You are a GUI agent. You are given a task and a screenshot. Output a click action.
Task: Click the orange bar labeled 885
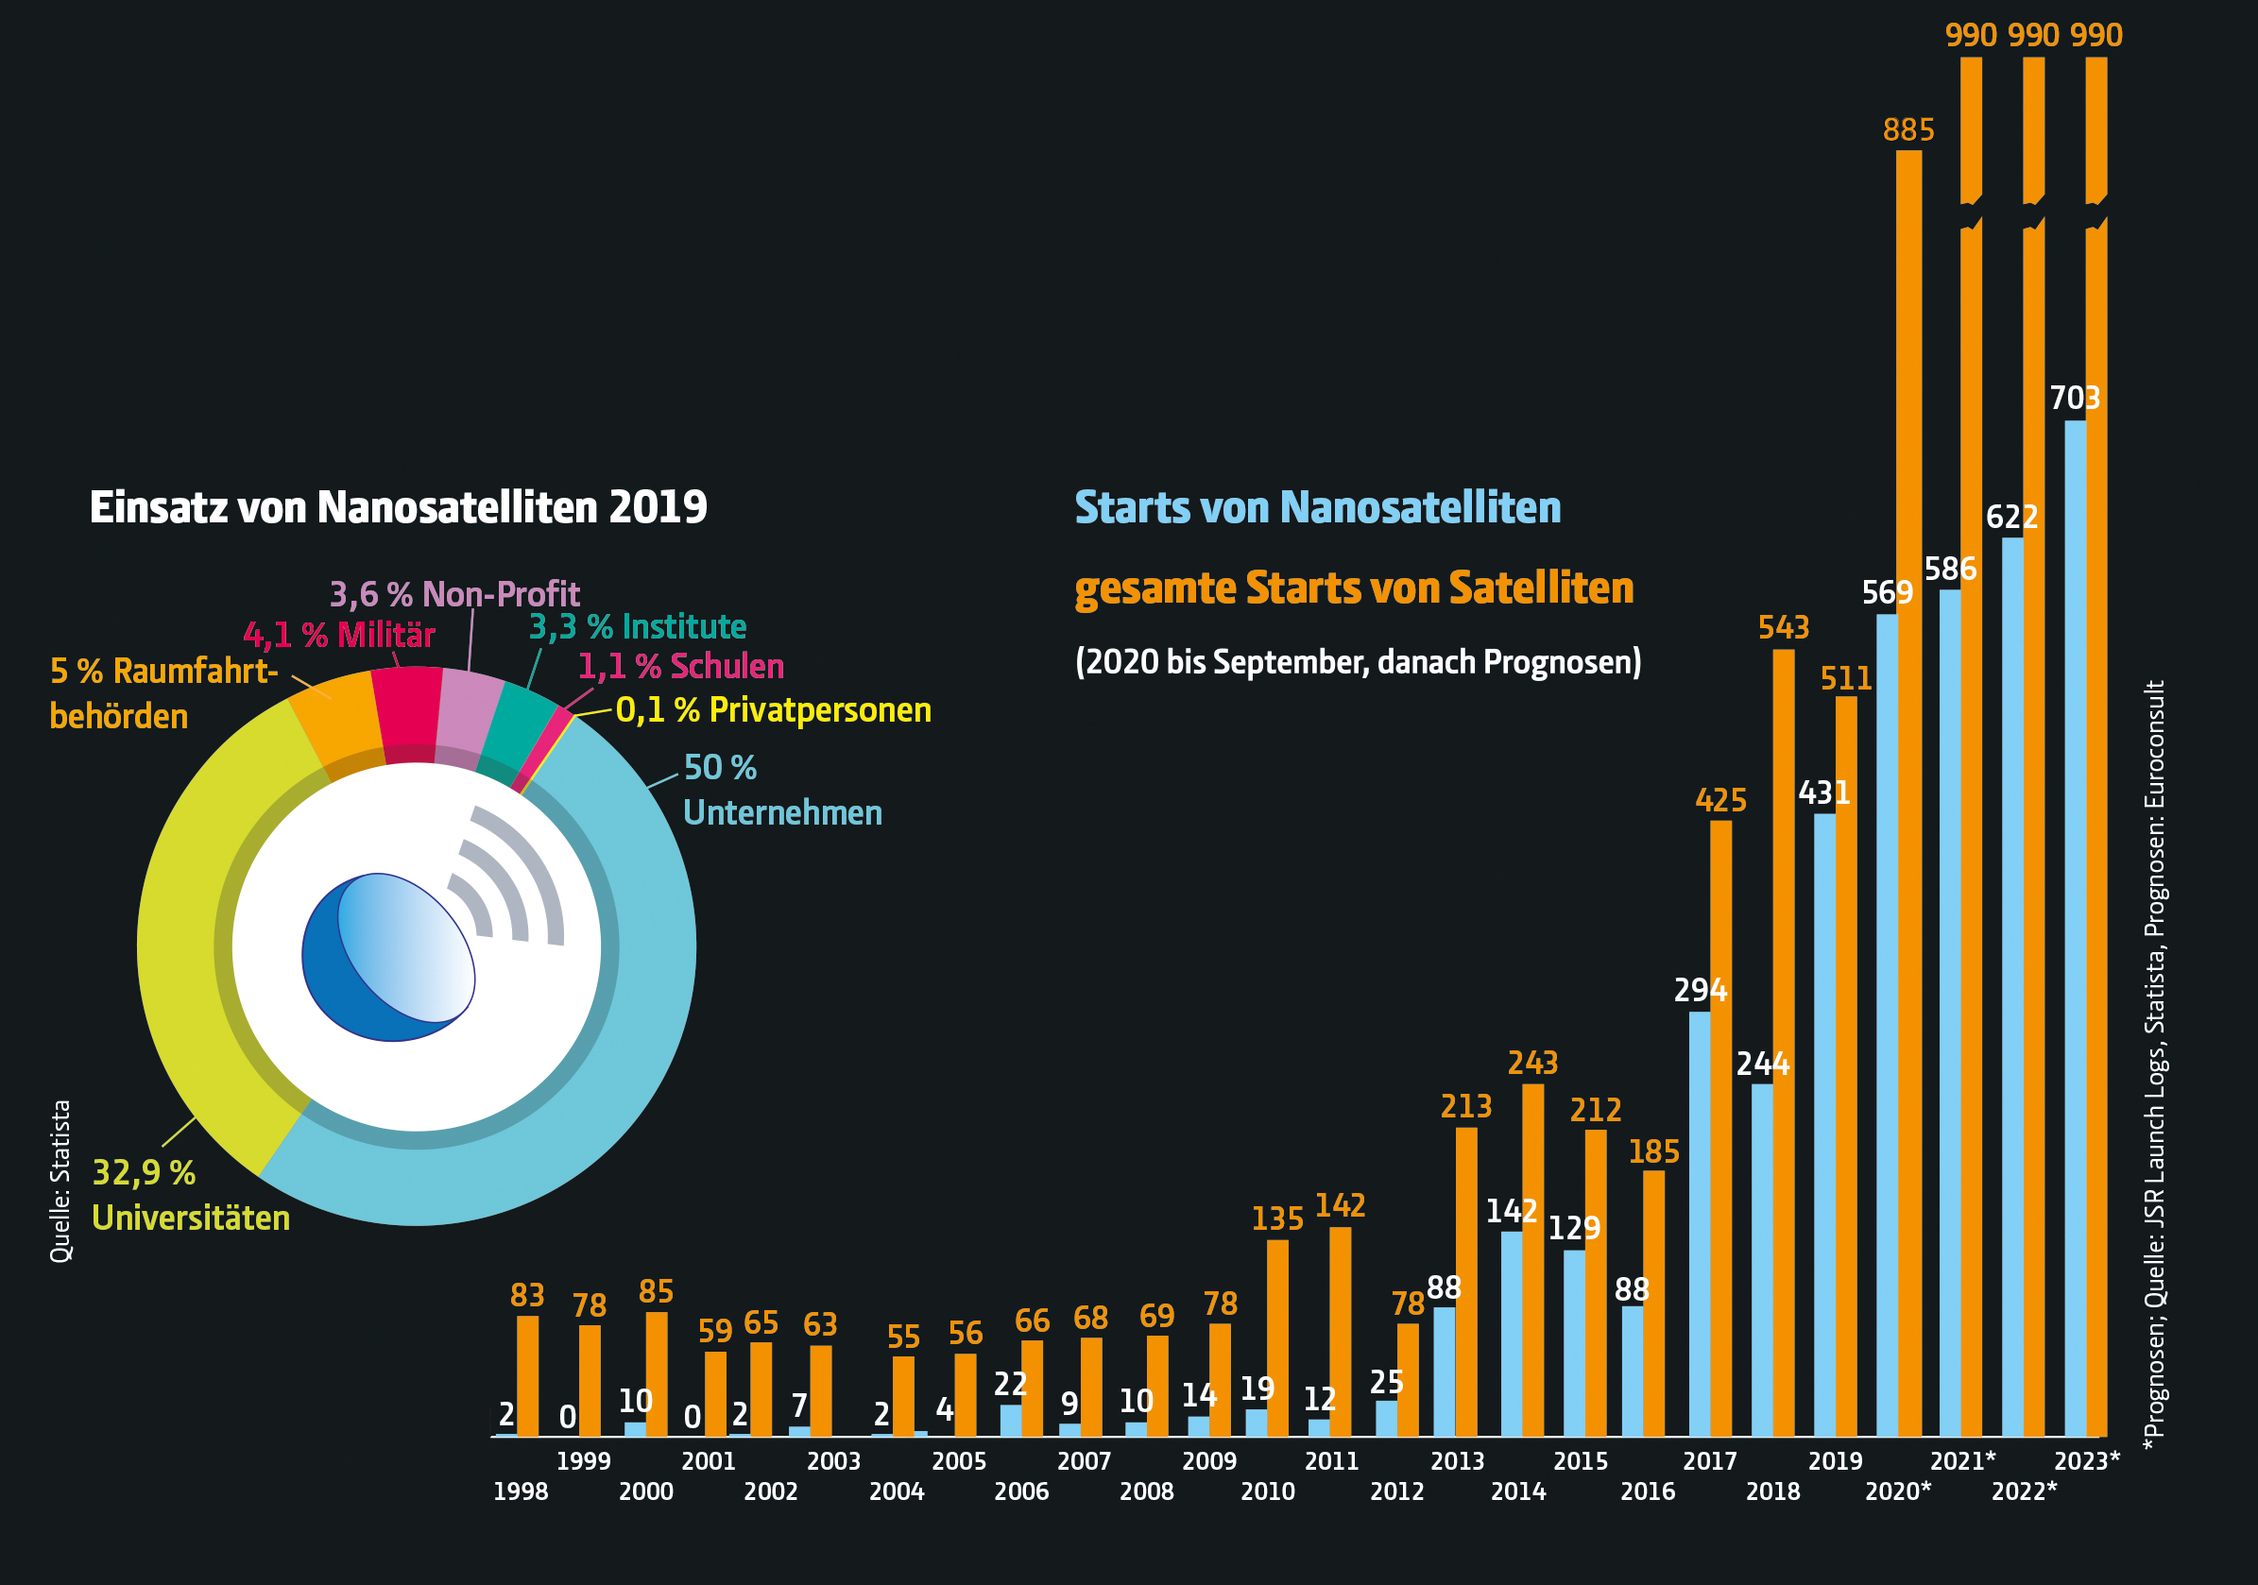[1907, 787]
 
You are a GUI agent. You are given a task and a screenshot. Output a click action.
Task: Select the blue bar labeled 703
[2074, 924]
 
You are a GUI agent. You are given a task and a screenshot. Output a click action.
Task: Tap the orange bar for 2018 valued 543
[1783, 1042]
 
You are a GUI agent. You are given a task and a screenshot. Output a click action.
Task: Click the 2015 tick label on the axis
[1580, 1461]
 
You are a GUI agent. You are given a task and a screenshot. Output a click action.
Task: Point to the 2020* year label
[1897, 1491]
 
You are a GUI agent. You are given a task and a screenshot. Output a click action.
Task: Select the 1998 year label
[521, 1491]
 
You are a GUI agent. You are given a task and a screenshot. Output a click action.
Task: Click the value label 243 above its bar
[1532, 1063]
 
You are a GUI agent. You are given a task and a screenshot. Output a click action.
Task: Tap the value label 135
[1276, 1219]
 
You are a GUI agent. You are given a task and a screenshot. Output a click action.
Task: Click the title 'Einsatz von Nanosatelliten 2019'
[399, 507]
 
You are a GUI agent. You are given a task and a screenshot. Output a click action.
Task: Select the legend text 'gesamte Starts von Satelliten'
[1353, 588]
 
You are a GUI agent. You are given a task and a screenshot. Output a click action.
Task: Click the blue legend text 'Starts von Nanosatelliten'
[1317, 507]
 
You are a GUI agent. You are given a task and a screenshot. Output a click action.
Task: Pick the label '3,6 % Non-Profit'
[454, 594]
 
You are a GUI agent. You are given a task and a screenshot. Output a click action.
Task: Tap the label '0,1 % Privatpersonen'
[773, 710]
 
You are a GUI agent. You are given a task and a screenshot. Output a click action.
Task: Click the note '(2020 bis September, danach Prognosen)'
[1357, 662]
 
